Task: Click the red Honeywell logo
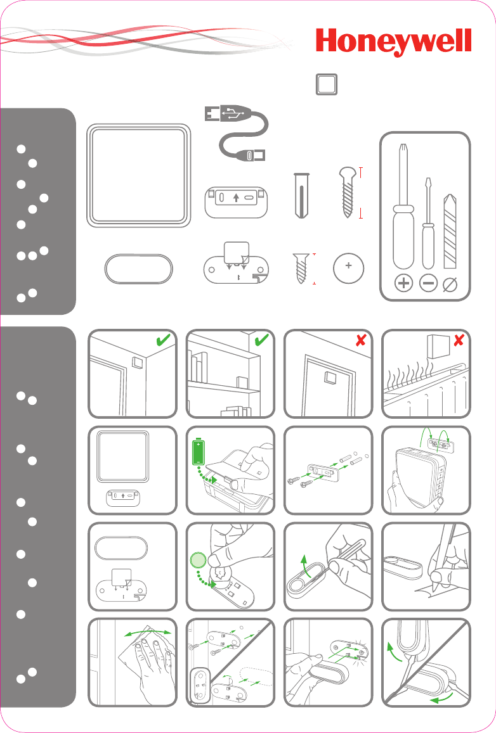393,42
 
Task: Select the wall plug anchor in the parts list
301,195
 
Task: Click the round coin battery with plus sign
349,269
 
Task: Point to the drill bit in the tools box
450,231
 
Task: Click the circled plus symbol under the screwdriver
403,283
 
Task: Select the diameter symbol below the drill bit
450,284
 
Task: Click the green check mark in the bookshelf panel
261,340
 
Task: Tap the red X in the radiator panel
459,340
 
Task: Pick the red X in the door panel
360,340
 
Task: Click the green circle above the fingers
198,560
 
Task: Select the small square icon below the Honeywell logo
327,85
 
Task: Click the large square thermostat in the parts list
138,175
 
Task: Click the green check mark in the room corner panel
163,340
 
